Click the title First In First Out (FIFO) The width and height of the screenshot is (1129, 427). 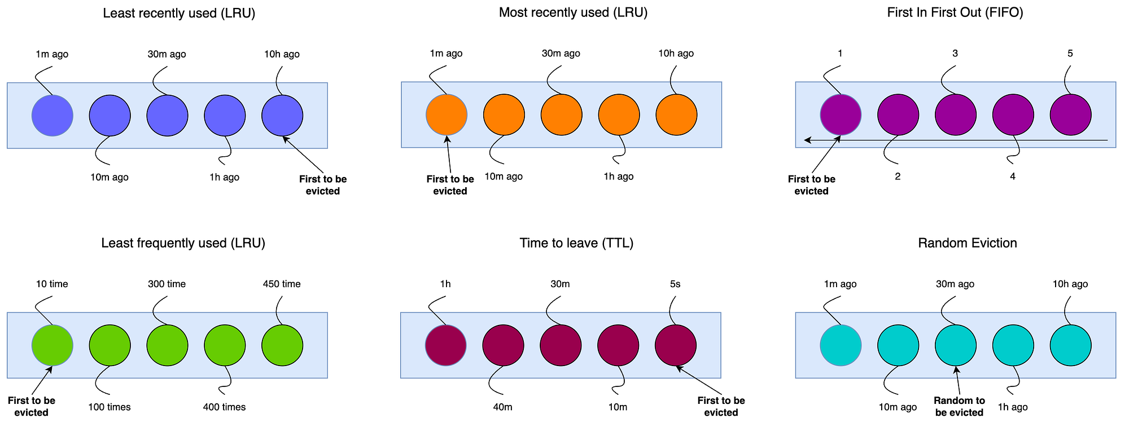tap(955, 13)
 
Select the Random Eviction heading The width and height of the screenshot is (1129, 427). tap(968, 243)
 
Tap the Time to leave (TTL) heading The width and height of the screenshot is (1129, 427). tap(576, 243)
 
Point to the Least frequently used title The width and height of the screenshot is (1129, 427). tap(183, 243)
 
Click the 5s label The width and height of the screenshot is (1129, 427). tap(675, 284)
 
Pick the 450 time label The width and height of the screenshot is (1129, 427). tap(282, 284)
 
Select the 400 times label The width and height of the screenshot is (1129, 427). tap(224, 407)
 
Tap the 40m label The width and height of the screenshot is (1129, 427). tap(503, 407)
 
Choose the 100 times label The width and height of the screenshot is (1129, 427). tap(110, 407)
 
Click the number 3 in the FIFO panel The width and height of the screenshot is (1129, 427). tap(955, 54)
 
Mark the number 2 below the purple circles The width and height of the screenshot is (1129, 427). tap(898, 177)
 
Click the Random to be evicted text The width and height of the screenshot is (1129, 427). tap(959, 406)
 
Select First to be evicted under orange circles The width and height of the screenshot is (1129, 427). tap(450, 185)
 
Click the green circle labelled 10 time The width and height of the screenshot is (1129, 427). tap(52, 345)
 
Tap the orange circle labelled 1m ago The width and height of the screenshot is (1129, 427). tap(447, 115)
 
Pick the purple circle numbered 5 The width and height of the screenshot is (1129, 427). tap(1070, 115)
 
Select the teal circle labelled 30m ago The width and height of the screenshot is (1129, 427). tap(956, 345)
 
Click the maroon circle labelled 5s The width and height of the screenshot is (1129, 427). tap(676, 345)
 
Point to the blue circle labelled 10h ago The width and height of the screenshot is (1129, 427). tap(282, 116)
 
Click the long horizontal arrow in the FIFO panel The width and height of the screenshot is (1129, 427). tap(956, 140)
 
